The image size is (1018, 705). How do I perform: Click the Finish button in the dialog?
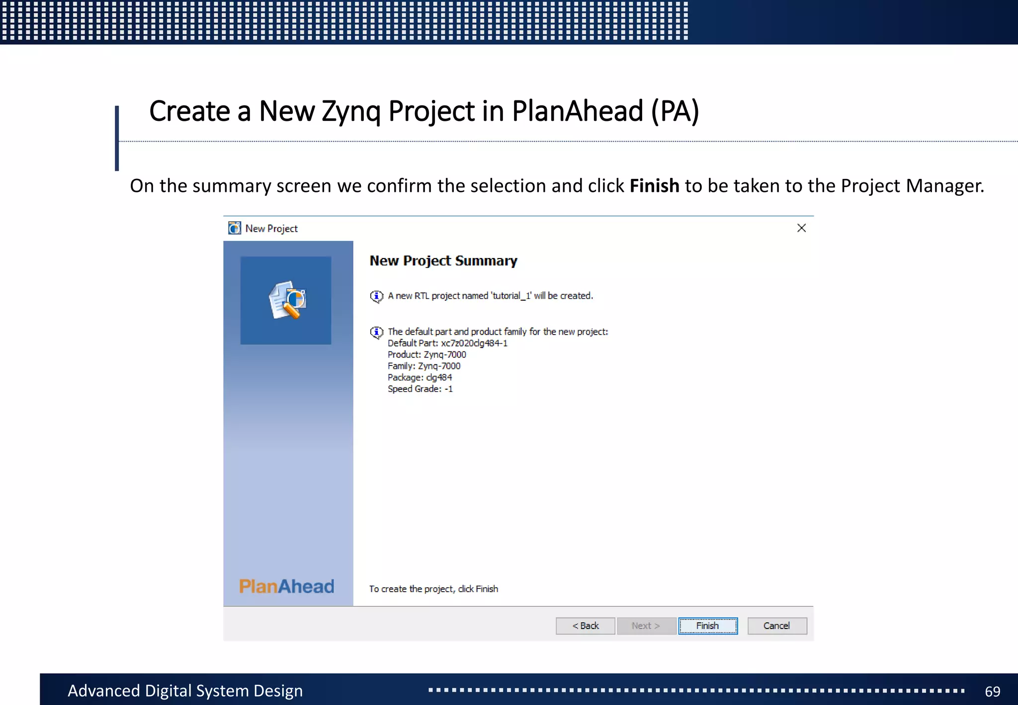(x=707, y=626)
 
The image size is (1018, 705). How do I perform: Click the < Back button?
(x=585, y=626)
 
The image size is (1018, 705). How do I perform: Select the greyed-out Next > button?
(x=646, y=626)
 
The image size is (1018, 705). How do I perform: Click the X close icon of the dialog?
(x=801, y=228)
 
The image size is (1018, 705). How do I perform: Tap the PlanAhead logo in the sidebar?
(x=286, y=587)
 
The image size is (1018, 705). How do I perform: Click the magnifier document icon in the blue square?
(x=287, y=300)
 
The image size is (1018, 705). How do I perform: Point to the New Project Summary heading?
(x=443, y=261)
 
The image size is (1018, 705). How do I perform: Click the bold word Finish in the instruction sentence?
(x=654, y=186)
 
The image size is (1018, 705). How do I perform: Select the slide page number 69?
(x=992, y=691)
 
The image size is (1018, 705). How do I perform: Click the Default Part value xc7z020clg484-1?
(x=474, y=343)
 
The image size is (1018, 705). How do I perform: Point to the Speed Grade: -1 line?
(x=420, y=389)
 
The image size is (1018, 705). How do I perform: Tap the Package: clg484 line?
(x=420, y=377)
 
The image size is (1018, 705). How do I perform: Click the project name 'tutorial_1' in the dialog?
(x=511, y=296)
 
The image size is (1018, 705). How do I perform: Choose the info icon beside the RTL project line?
(x=377, y=296)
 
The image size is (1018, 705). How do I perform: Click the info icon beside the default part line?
(x=377, y=332)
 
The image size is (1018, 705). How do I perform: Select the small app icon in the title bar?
(x=235, y=228)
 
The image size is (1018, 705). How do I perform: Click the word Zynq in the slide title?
(x=351, y=111)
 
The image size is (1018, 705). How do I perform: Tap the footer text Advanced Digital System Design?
(x=185, y=691)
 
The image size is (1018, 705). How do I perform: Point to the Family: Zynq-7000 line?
(x=424, y=366)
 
